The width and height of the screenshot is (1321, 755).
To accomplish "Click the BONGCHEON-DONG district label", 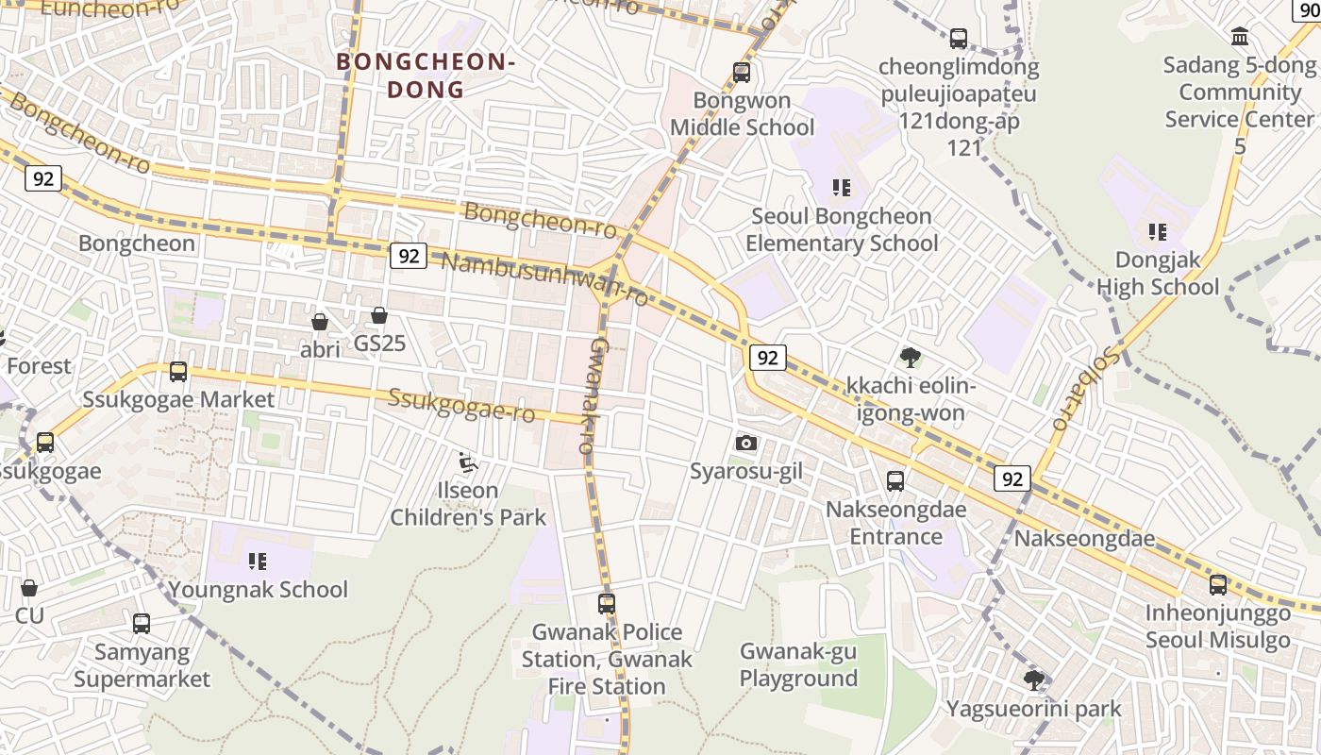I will pyautogui.click(x=426, y=75).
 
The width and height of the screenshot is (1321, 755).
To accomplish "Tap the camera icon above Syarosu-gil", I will pyautogui.click(x=746, y=443).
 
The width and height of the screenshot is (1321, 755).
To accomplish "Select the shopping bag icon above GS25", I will pyautogui.click(x=379, y=315).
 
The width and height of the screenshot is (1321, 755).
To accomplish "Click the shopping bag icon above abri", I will pyautogui.click(x=320, y=322).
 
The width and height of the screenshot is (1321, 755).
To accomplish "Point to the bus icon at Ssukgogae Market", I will pyautogui.click(x=178, y=372).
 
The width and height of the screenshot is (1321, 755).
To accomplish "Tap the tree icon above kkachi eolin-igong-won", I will pyautogui.click(x=910, y=358).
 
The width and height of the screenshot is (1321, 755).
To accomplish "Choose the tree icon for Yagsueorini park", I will pyautogui.click(x=1034, y=679).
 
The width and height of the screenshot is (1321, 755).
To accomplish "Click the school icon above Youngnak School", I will pyautogui.click(x=258, y=562).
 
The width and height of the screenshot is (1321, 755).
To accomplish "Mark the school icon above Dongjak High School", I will pyautogui.click(x=1158, y=231).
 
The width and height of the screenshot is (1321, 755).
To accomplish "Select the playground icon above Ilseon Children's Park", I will pyautogui.click(x=467, y=462).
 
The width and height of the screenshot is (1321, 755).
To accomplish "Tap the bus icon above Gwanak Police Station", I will pyautogui.click(x=607, y=603).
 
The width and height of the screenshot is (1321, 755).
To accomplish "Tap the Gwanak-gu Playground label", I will pyautogui.click(x=798, y=664).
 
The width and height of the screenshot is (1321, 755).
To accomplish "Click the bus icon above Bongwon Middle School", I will pyautogui.click(x=742, y=73).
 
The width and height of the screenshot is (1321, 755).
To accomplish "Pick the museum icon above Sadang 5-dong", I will pyautogui.click(x=1240, y=37).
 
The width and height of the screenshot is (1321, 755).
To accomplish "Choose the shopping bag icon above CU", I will pyautogui.click(x=29, y=588).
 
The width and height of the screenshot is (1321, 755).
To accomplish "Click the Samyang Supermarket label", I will pyautogui.click(x=142, y=665).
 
